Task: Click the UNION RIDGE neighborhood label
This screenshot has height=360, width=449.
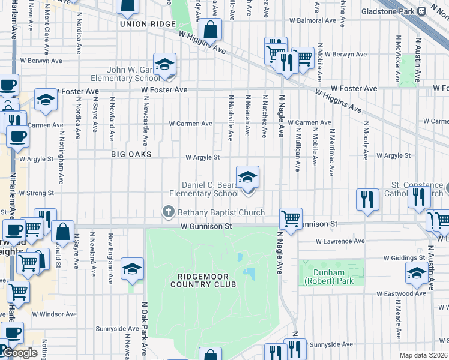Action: point(147,24)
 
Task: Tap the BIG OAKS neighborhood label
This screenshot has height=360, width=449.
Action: point(131,154)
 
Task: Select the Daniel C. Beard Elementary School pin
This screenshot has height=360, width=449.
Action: point(247,178)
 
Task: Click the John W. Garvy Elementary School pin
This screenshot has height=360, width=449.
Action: point(164,65)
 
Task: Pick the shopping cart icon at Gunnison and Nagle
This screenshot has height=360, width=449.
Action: point(291,218)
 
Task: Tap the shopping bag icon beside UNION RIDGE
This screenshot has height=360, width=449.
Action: point(211,29)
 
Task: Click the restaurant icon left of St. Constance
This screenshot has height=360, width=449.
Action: point(367,199)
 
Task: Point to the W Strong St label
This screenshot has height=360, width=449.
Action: point(37,193)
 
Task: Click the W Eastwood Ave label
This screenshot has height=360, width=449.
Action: point(402,294)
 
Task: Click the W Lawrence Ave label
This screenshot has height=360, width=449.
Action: point(340,241)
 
